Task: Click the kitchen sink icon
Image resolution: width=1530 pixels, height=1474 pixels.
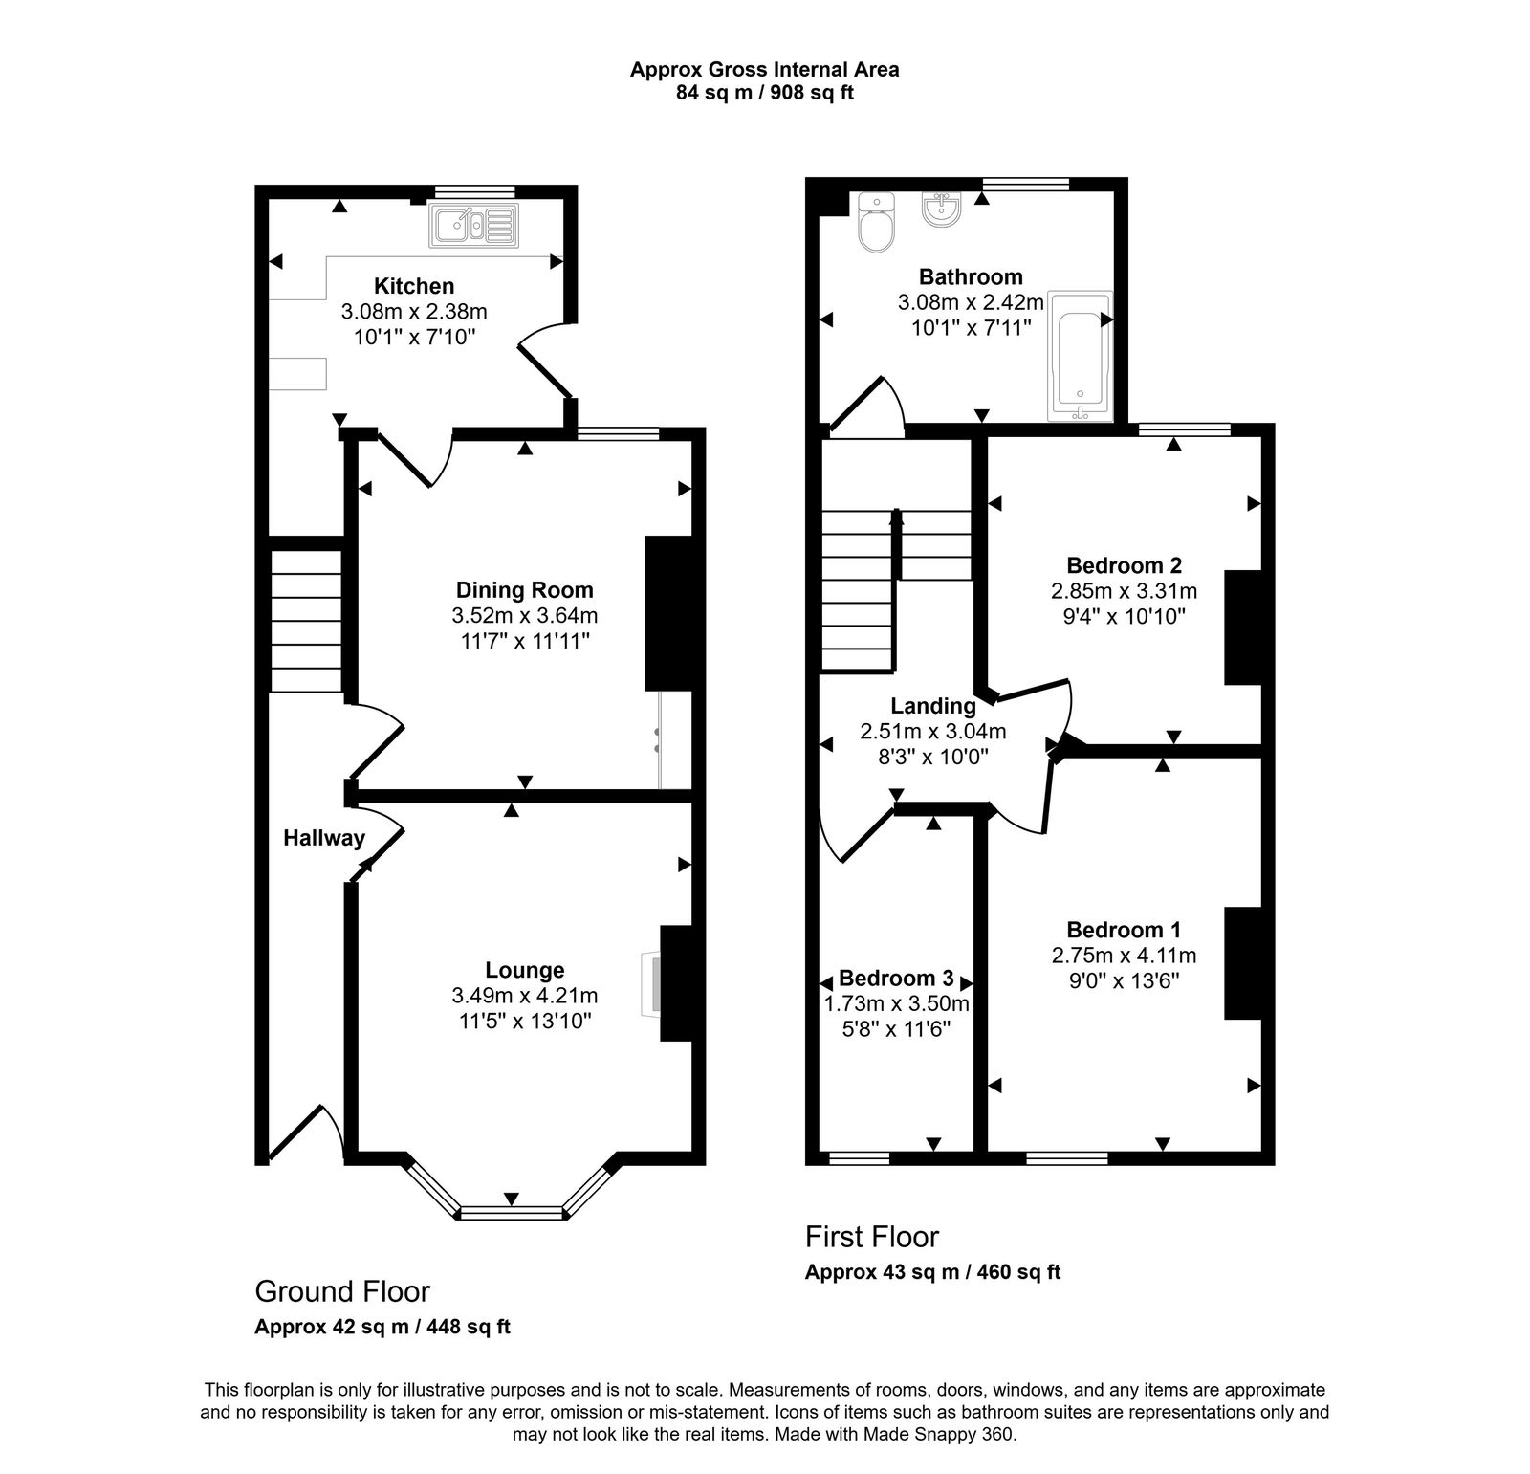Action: (x=474, y=227)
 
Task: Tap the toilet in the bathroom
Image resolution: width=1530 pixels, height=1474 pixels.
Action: (x=876, y=225)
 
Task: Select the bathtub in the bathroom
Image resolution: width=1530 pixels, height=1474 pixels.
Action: (x=1082, y=355)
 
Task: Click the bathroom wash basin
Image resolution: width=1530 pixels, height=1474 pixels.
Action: (x=942, y=210)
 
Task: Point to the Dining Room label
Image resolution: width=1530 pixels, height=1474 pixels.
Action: (x=524, y=590)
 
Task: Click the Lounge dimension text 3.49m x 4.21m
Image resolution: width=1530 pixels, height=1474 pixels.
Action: (x=524, y=996)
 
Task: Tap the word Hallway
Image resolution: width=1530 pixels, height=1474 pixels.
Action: (x=324, y=838)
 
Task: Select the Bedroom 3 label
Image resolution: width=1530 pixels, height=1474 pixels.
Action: (x=896, y=979)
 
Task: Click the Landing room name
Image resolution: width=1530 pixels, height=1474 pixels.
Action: (x=933, y=706)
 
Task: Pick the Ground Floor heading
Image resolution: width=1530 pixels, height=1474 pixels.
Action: (x=342, y=1291)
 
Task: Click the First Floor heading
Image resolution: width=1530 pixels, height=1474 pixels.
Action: (x=872, y=1237)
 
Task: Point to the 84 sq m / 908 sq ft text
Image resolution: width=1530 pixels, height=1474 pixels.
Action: (x=764, y=93)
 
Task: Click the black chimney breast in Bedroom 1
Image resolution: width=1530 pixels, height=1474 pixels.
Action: (x=1243, y=963)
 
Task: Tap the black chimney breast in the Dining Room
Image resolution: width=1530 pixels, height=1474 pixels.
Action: (x=667, y=613)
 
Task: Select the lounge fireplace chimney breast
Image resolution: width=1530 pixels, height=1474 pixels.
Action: (x=675, y=982)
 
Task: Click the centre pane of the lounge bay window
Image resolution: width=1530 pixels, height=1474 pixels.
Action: (x=511, y=1213)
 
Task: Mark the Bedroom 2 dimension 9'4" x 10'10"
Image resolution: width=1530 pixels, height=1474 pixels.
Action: (x=1124, y=617)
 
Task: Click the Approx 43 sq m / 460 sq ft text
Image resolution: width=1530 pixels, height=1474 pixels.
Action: (x=932, y=1272)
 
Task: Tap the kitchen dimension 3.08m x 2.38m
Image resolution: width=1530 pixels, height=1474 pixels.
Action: (x=414, y=312)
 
